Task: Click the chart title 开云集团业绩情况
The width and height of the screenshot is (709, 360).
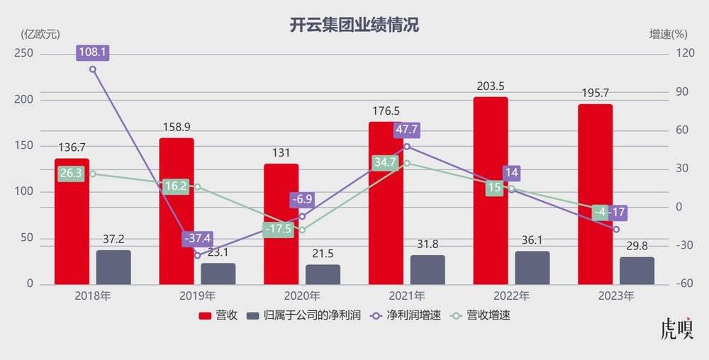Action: [354, 26]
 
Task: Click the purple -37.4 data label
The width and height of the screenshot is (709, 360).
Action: [197, 238]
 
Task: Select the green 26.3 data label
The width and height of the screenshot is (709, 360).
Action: [72, 174]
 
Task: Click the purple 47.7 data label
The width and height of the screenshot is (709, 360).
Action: [407, 130]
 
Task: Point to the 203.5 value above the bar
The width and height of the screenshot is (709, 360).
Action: [491, 86]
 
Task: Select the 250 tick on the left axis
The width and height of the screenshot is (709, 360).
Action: [26, 54]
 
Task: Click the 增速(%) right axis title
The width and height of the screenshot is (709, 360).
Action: [669, 34]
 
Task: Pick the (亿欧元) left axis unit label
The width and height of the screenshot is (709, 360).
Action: [40, 34]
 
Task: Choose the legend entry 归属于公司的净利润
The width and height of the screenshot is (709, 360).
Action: [301, 315]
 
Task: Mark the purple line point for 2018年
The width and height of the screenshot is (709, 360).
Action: [92, 69]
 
